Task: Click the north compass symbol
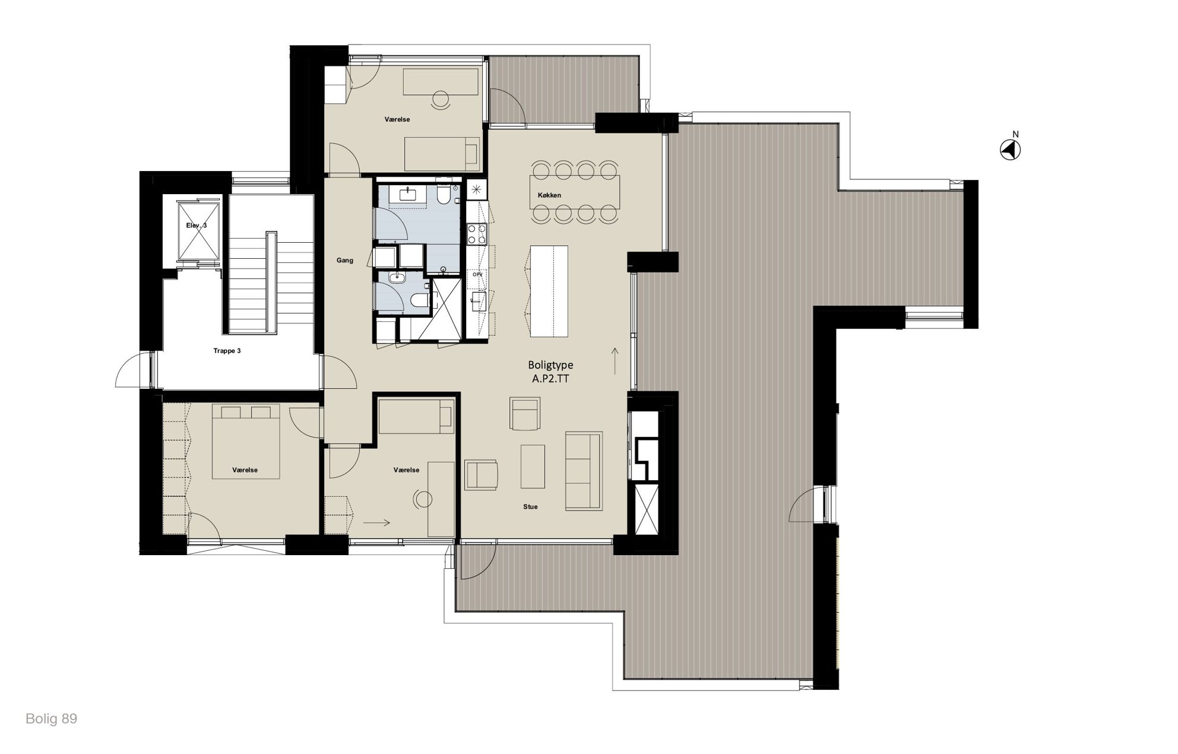(1010, 150)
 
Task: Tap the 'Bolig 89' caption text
(51, 719)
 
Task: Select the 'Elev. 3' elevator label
(197, 226)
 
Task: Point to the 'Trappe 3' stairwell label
(227, 351)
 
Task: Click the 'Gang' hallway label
(345, 260)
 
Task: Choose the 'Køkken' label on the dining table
(549, 195)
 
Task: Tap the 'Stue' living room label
(530, 506)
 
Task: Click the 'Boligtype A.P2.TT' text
(550, 372)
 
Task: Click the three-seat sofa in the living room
(584, 470)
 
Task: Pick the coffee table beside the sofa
(533, 466)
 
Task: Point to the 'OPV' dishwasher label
(477, 275)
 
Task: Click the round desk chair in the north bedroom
(441, 99)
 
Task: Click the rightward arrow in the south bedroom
(376, 523)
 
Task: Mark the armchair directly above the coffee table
(525, 414)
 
